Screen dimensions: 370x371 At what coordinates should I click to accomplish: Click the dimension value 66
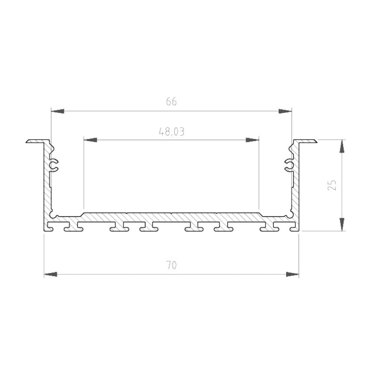click(x=171, y=102)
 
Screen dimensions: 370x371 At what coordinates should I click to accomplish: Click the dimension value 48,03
click(x=171, y=131)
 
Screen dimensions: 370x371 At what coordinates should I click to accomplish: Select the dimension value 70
click(x=171, y=265)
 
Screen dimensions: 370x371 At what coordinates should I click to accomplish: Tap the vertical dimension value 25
click(x=332, y=185)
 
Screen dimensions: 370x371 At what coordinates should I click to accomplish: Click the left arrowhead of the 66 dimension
click(x=57, y=111)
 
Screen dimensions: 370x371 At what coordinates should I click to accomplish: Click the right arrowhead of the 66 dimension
click(x=285, y=111)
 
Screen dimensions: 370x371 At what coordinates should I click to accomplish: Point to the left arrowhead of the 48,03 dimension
click(x=90, y=140)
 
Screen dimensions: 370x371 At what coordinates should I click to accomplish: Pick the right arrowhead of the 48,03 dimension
click(x=252, y=140)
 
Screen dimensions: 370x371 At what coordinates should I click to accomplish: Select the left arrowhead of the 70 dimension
click(x=51, y=274)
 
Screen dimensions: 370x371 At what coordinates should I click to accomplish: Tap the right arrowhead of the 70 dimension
click(x=292, y=274)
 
